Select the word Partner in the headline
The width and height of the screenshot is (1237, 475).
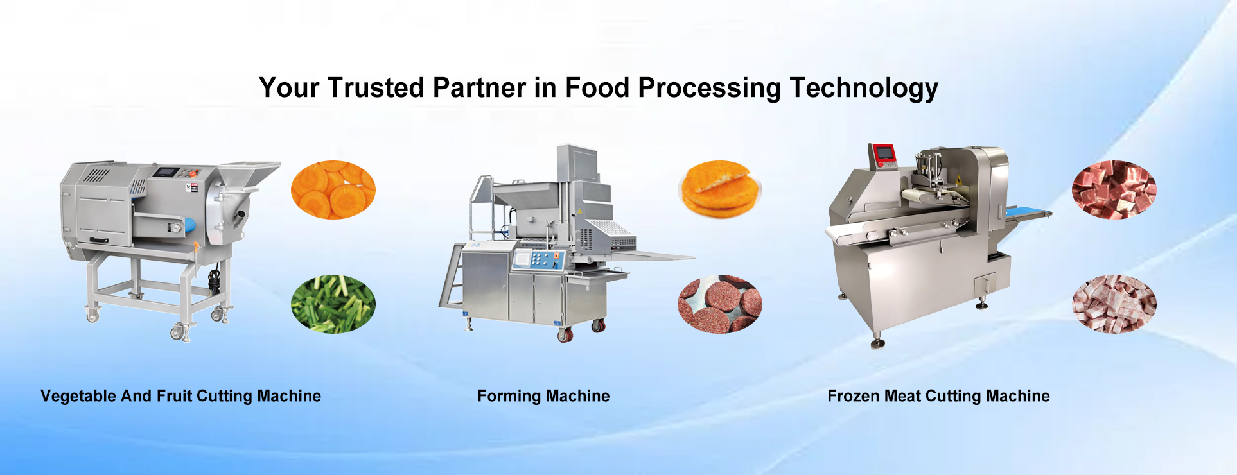(480, 88)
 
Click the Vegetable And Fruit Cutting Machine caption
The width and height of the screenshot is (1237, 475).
(180, 396)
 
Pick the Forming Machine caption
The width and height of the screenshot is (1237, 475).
(543, 396)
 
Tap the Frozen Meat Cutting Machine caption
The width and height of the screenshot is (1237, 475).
(938, 396)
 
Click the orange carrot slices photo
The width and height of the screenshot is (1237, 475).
(333, 189)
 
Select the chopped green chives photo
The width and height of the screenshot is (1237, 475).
(333, 304)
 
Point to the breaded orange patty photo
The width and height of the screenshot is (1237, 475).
(720, 189)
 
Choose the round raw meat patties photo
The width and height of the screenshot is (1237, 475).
(720, 304)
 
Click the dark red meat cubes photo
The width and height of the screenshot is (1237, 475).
(1114, 189)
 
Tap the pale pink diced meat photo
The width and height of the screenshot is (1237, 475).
(1114, 304)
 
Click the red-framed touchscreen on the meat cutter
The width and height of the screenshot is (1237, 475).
(884, 153)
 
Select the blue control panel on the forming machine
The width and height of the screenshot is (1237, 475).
(538, 259)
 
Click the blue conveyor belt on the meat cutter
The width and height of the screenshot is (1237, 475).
(1028, 212)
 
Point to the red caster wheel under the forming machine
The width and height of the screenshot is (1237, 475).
(565, 334)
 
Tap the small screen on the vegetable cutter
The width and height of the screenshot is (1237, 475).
(168, 172)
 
